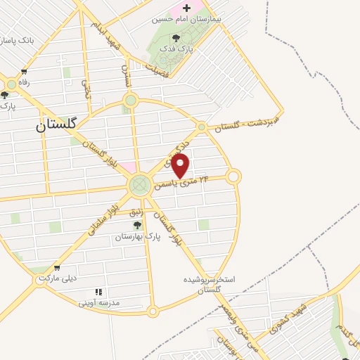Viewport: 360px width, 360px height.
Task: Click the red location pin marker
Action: pos(181,167)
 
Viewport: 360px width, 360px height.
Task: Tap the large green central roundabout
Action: pos(139,185)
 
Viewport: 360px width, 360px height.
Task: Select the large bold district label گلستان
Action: pos(59,125)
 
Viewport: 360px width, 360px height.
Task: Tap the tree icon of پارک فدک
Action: pos(175,38)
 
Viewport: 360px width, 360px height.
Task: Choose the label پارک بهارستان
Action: pos(139,238)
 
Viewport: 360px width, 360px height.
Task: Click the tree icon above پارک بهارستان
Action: pos(138,225)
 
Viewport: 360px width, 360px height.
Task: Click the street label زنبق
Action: pos(136,210)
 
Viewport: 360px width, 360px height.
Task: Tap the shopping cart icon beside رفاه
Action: pos(25,71)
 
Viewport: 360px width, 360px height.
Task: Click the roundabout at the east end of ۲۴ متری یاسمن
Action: pos(233,176)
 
